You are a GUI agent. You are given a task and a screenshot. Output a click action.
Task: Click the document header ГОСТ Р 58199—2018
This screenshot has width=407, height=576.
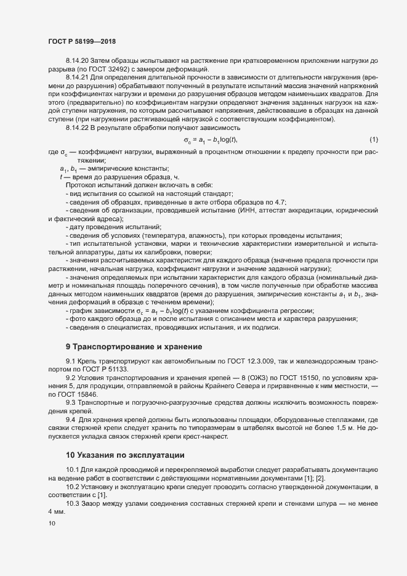(x=82, y=41)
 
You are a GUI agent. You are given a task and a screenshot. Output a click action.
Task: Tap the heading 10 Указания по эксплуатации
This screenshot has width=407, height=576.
(x=125, y=455)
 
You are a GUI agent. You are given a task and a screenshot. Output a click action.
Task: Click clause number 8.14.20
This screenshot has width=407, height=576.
(x=78, y=60)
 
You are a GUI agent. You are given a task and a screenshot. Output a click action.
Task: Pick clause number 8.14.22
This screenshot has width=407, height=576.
(x=78, y=127)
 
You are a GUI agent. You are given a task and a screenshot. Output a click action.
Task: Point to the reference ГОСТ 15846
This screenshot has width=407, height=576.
(x=79, y=393)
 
